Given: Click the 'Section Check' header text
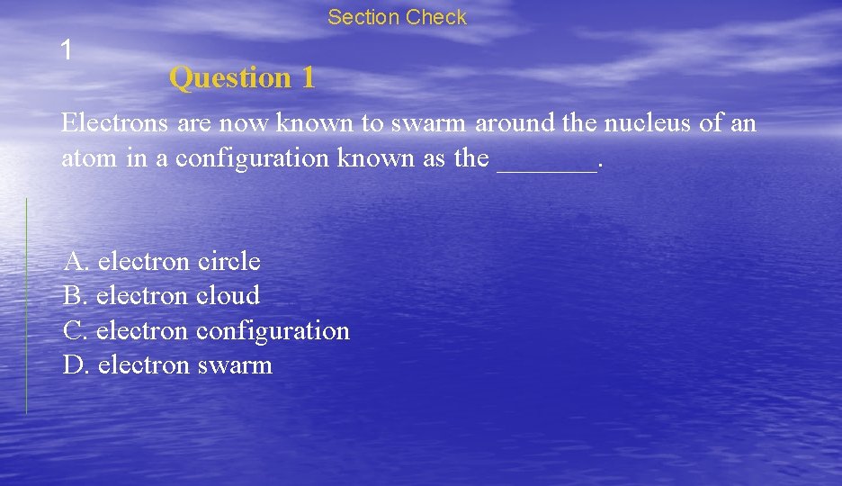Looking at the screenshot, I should (x=397, y=17).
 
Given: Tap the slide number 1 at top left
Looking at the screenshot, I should (x=66, y=49).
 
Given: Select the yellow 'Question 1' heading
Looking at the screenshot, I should (x=242, y=78).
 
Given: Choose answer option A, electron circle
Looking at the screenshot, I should (x=162, y=262).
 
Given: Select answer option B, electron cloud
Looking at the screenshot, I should (x=161, y=296).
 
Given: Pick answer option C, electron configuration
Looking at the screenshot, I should (x=206, y=331).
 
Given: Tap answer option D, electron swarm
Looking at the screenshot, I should (x=167, y=365).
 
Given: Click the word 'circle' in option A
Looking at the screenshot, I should (x=228, y=262).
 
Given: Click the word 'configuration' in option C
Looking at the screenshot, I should (x=273, y=331).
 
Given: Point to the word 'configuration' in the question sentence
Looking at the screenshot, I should (x=252, y=159).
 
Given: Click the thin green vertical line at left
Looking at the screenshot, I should (x=26, y=306).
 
